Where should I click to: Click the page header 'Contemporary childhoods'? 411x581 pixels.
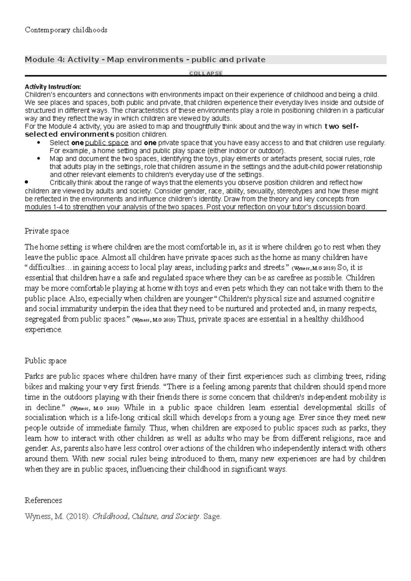pos(66,30)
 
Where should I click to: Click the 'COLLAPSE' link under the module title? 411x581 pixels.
pos(206,73)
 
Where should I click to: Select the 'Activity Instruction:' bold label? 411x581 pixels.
pos(53,87)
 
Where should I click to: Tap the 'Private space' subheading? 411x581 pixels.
pos(47,231)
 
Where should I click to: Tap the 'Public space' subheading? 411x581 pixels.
pos(46,361)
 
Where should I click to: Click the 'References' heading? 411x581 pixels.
pos(43,501)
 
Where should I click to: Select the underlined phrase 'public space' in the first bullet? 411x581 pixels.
pos(107,143)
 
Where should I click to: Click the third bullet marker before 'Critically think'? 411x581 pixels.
pos(27,182)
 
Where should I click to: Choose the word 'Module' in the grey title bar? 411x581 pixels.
pos(35,60)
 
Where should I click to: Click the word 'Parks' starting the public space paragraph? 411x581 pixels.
pos(34,376)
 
